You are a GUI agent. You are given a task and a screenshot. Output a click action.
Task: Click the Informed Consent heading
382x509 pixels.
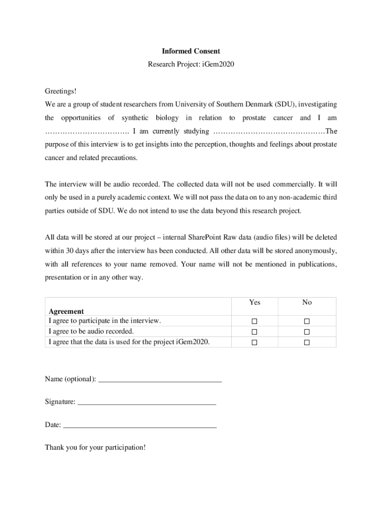[x=191, y=51]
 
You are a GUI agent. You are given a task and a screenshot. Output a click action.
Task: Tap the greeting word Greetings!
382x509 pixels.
[x=61, y=91]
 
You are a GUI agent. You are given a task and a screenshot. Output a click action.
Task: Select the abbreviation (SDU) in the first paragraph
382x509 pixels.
[x=284, y=104]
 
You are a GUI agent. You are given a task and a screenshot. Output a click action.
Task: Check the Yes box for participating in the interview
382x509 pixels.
[x=255, y=321]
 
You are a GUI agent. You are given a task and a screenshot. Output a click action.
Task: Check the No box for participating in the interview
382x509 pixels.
[x=307, y=321]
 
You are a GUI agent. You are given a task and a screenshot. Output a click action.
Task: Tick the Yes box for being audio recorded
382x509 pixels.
[x=255, y=332]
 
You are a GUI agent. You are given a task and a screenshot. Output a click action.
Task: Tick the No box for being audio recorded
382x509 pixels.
[x=307, y=332]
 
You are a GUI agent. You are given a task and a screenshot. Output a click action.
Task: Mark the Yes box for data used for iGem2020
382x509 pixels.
[x=255, y=342]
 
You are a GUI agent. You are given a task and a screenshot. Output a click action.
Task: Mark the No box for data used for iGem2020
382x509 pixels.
[x=307, y=342]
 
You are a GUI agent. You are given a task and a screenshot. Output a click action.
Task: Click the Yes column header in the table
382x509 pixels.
[x=255, y=302]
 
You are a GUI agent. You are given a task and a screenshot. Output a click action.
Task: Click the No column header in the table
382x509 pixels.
[x=307, y=302]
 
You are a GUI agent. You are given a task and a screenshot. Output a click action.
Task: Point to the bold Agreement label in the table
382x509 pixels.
[x=66, y=312]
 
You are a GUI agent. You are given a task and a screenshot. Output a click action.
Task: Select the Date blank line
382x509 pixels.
[x=140, y=426]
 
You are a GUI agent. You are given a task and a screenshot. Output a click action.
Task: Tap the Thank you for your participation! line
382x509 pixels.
[x=95, y=447]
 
